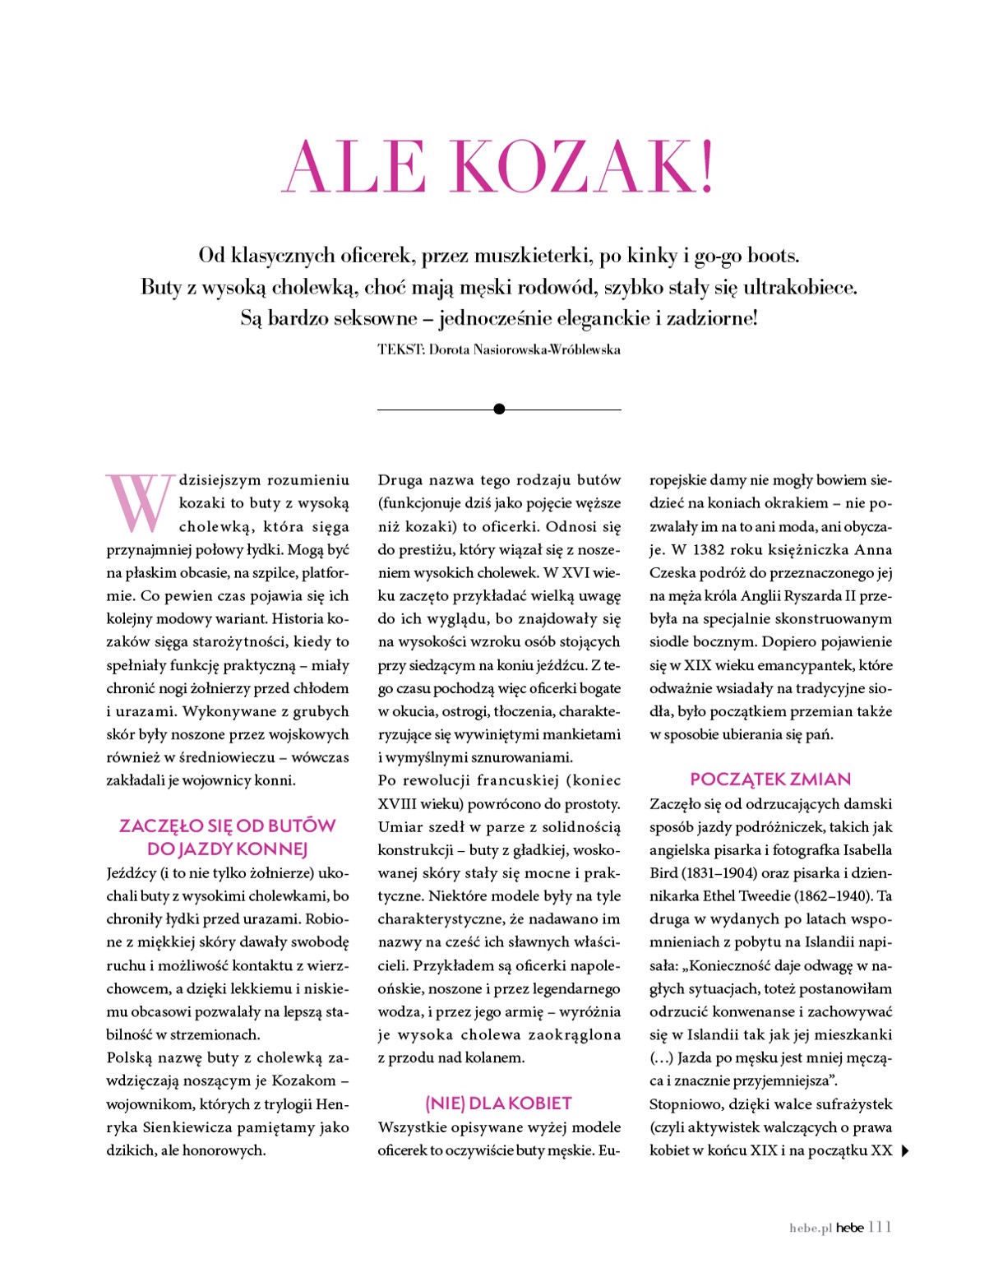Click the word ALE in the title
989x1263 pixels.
pyautogui.click(x=354, y=167)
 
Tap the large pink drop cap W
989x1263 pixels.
pyautogui.click(x=141, y=502)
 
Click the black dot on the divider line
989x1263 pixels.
pyautogui.click(x=499, y=409)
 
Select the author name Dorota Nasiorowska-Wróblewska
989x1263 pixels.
pyautogui.click(x=525, y=349)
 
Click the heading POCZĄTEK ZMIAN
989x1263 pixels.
pyautogui.click(x=770, y=780)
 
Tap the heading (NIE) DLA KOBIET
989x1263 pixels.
pyautogui.click(x=498, y=1103)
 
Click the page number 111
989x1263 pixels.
pyautogui.click(x=879, y=1228)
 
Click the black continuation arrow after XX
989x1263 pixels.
pyautogui.click(x=905, y=1151)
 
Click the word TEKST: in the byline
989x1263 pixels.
pyautogui.click(x=401, y=349)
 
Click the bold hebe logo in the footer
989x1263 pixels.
pyautogui.click(x=850, y=1228)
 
